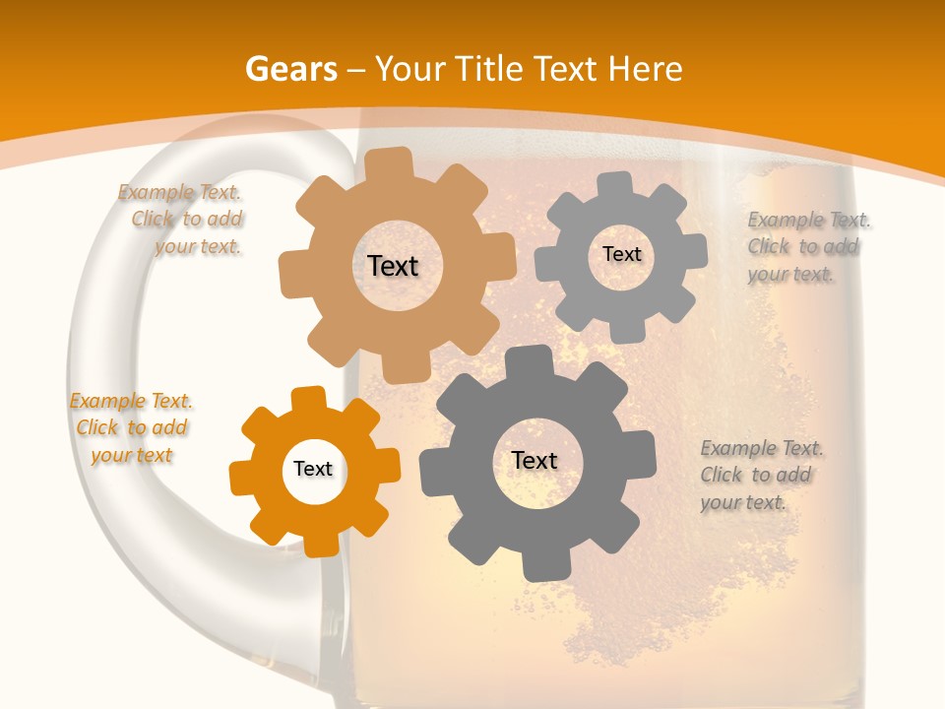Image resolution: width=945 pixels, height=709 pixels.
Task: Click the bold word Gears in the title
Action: (290, 69)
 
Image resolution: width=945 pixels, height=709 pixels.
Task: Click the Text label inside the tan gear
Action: (393, 266)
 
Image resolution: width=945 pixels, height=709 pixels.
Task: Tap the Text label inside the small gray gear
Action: (621, 254)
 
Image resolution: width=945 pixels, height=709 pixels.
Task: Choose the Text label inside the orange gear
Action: (313, 469)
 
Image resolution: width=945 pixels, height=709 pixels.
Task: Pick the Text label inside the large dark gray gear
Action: (535, 460)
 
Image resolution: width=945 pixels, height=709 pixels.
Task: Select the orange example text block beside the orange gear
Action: (131, 428)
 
